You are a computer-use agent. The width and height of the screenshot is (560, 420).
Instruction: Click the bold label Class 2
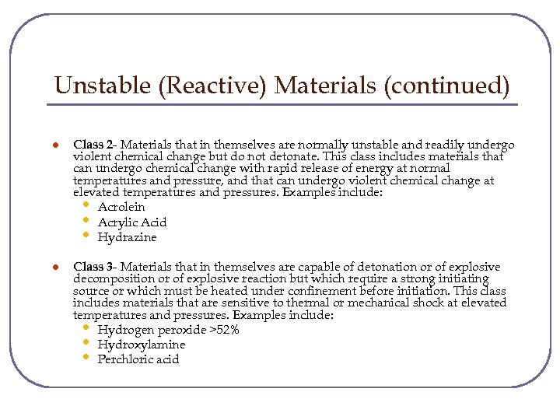[93, 145]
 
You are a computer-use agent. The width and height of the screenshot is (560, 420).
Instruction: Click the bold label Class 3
[93, 267]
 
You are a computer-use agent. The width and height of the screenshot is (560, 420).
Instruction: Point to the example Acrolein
[121, 207]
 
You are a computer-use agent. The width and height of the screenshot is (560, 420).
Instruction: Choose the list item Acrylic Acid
[132, 222]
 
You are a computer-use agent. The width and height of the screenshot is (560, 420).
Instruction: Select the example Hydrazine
[127, 237]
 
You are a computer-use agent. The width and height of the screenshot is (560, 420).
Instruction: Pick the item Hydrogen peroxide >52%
[168, 330]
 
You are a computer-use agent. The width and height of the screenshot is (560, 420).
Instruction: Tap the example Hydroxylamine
[142, 345]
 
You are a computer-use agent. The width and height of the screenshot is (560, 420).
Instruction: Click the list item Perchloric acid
[138, 359]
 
